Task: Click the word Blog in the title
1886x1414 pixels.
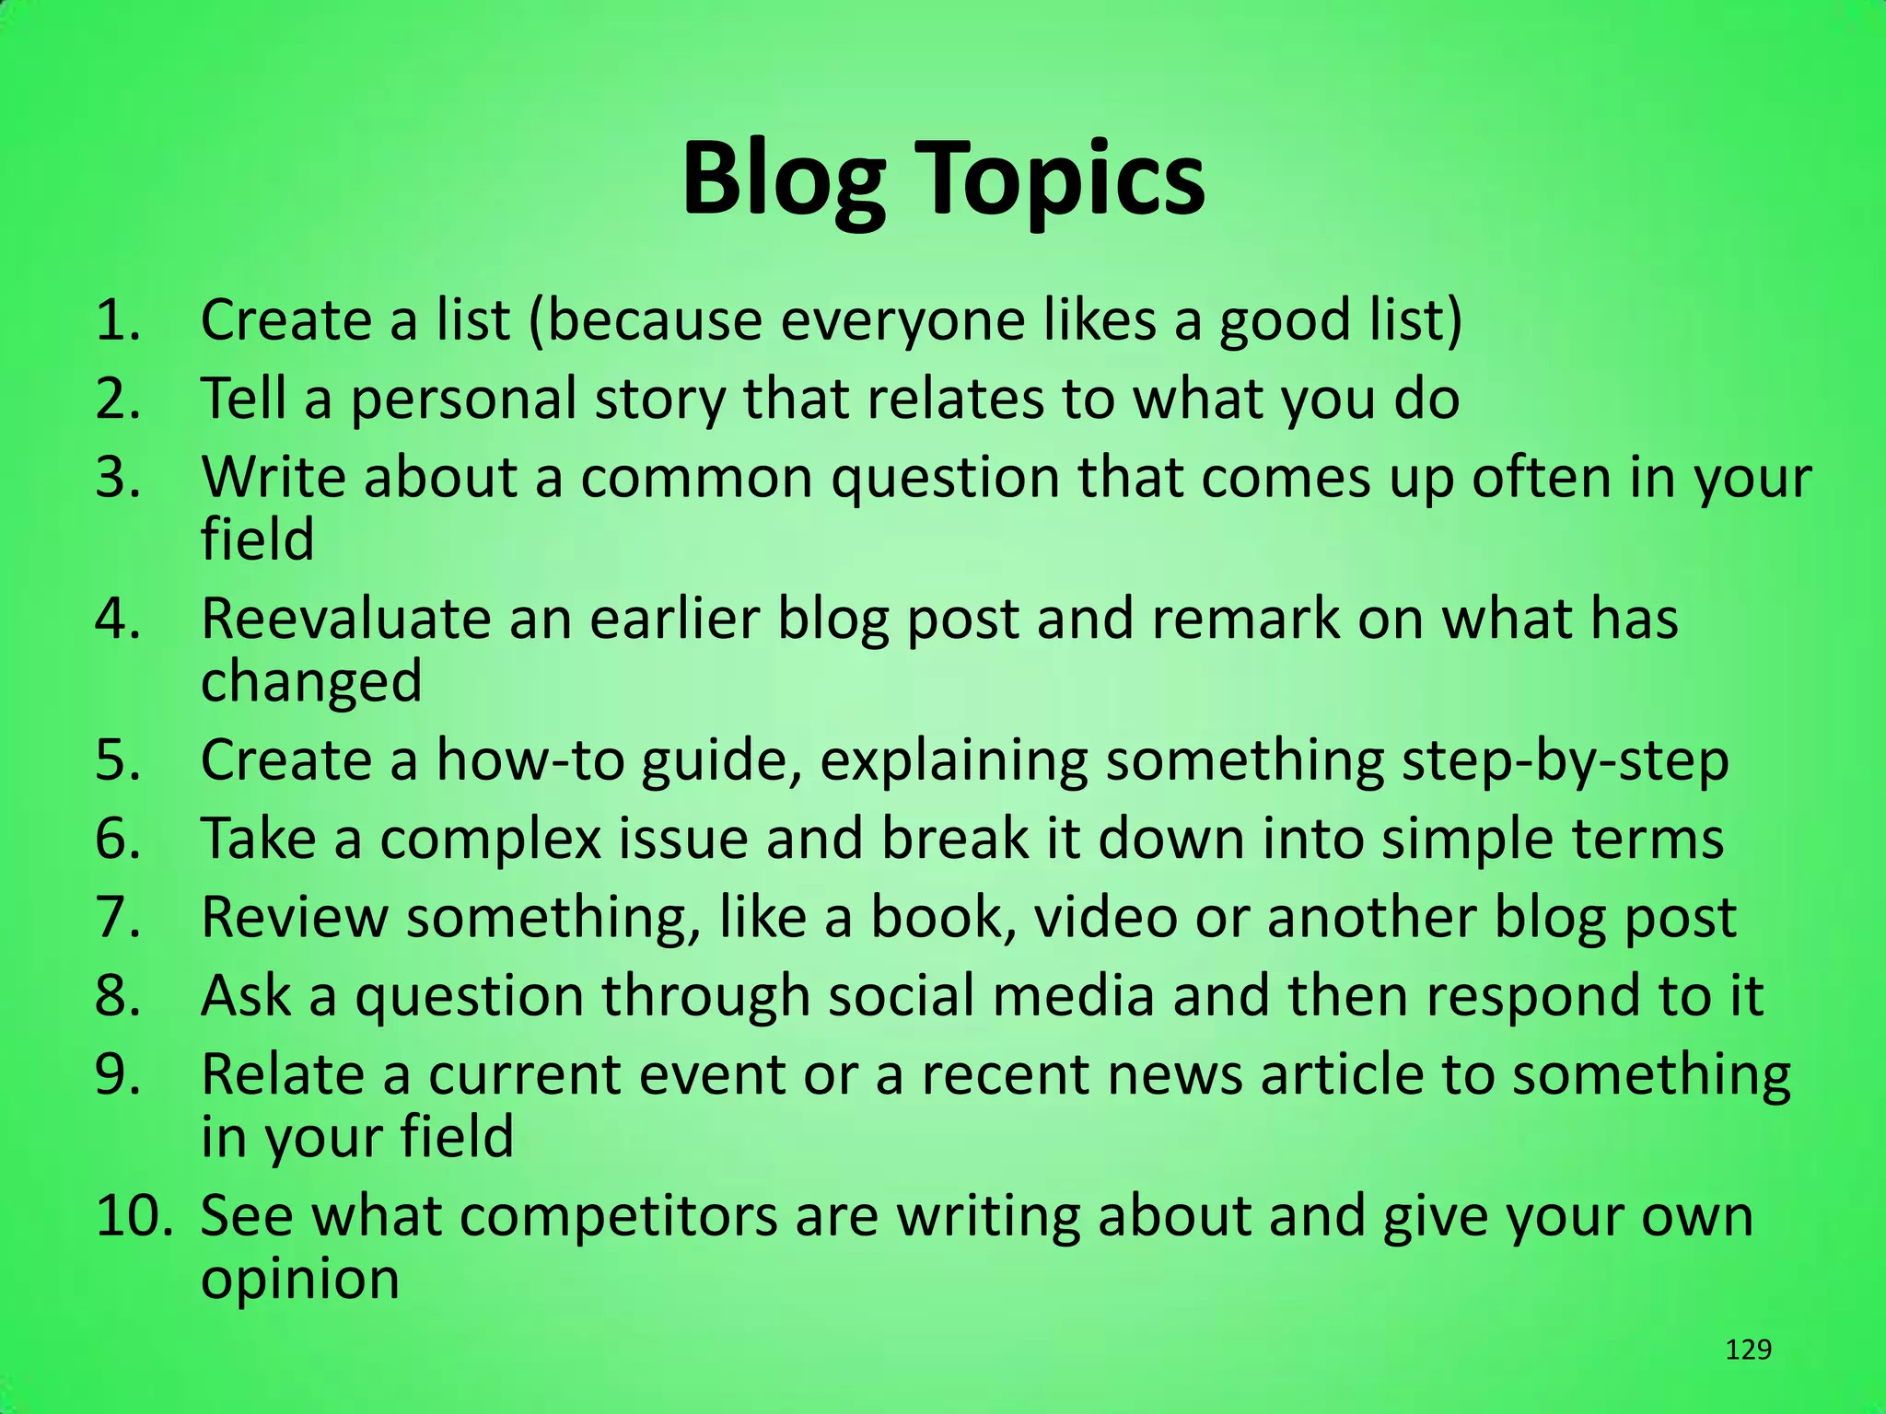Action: (784, 180)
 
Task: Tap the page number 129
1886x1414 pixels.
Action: (1748, 1350)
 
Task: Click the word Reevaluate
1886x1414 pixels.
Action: (345, 619)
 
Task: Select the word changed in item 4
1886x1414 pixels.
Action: (311, 681)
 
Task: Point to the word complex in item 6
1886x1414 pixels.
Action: (490, 840)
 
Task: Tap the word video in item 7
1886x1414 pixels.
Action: (1105, 918)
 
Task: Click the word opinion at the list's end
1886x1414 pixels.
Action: (300, 1280)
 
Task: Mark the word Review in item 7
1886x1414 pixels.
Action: (295, 918)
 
